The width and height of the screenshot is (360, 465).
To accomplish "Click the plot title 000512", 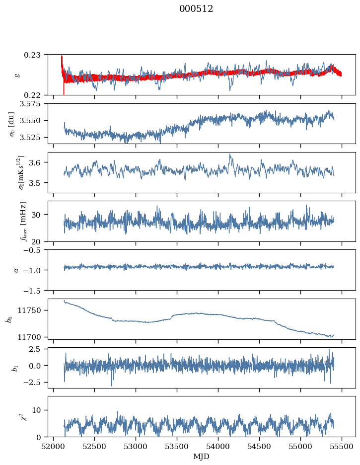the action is click(x=196, y=9).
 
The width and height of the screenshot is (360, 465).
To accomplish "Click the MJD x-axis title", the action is click(x=201, y=457).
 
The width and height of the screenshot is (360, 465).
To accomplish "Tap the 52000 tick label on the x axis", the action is click(x=53, y=447).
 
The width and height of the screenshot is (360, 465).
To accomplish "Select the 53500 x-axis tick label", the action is click(x=177, y=447).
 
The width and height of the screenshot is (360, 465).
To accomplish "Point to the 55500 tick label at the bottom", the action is click(x=342, y=447).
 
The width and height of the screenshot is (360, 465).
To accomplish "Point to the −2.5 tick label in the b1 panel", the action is click(x=35, y=382).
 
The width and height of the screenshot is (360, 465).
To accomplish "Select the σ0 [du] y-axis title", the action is click(x=11, y=124).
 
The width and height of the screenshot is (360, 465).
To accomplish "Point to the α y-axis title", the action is click(x=16, y=270).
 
